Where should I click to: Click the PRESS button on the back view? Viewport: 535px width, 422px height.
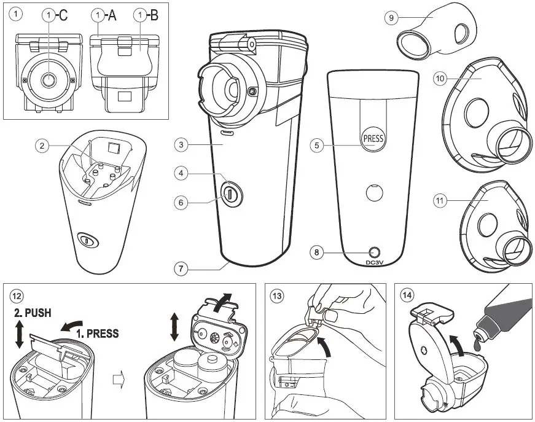click(373, 138)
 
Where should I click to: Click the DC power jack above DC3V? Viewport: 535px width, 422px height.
click(373, 252)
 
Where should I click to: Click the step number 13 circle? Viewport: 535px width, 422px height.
click(277, 295)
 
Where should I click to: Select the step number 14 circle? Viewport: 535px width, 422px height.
click(406, 295)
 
